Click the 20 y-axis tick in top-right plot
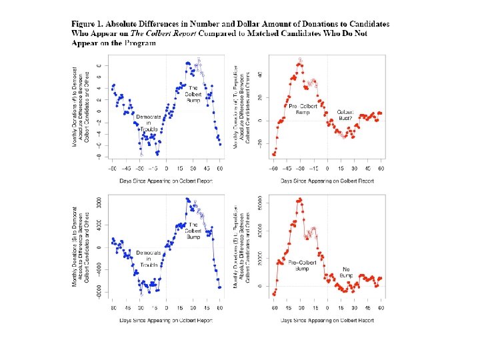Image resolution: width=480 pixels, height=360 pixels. pos(260,97)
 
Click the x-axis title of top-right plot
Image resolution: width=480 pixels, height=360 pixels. pos(327,181)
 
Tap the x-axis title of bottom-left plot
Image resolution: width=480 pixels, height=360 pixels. pos(165,321)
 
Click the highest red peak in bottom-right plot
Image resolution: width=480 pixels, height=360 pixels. pos(301,199)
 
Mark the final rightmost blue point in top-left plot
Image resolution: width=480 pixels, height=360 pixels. pos(220,144)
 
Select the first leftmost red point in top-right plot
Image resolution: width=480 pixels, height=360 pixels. pos(273,154)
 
